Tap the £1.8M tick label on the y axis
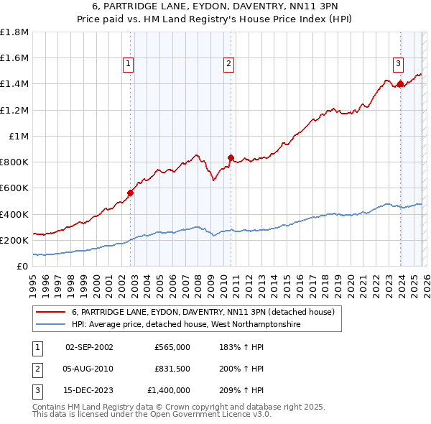14,32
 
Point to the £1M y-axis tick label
19,136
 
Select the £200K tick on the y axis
14,240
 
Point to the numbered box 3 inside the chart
397,63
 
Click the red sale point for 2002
130,193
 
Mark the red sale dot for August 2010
231,158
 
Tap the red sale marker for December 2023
400,84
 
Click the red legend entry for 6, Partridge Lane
203,313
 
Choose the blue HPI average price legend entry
185,325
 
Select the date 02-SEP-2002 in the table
89,346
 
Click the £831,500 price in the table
172,369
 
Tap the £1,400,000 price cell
169,391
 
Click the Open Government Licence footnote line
152,415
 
